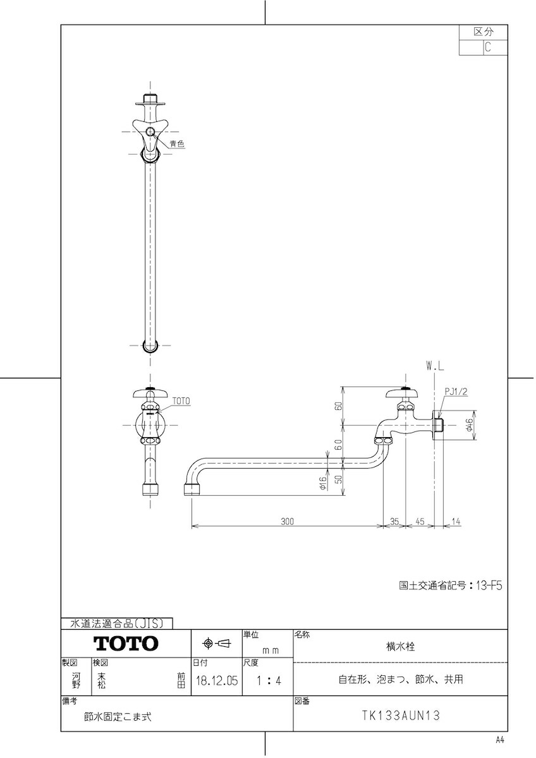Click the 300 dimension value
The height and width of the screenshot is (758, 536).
click(x=287, y=522)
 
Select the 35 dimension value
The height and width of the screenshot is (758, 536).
click(x=394, y=522)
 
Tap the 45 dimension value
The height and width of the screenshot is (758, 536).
click(x=420, y=522)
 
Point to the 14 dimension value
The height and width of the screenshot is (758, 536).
click(x=456, y=522)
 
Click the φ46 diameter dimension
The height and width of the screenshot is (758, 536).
click(x=469, y=425)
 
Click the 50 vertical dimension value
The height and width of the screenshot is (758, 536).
click(x=339, y=479)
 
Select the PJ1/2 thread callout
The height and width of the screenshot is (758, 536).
click(x=456, y=392)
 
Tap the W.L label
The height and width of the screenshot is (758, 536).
click(x=435, y=366)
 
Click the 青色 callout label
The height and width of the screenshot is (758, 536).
click(x=177, y=144)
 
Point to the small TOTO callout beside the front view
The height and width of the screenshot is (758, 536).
click(x=181, y=401)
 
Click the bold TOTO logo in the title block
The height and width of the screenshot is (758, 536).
click(x=126, y=644)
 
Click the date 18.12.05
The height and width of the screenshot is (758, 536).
click(x=217, y=680)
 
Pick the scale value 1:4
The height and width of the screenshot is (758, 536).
click(x=269, y=680)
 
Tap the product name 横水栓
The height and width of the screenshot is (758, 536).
click(x=401, y=647)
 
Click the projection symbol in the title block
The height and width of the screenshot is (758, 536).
click(x=216, y=643)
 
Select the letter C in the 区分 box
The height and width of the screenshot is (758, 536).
click(x=487, y=47)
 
